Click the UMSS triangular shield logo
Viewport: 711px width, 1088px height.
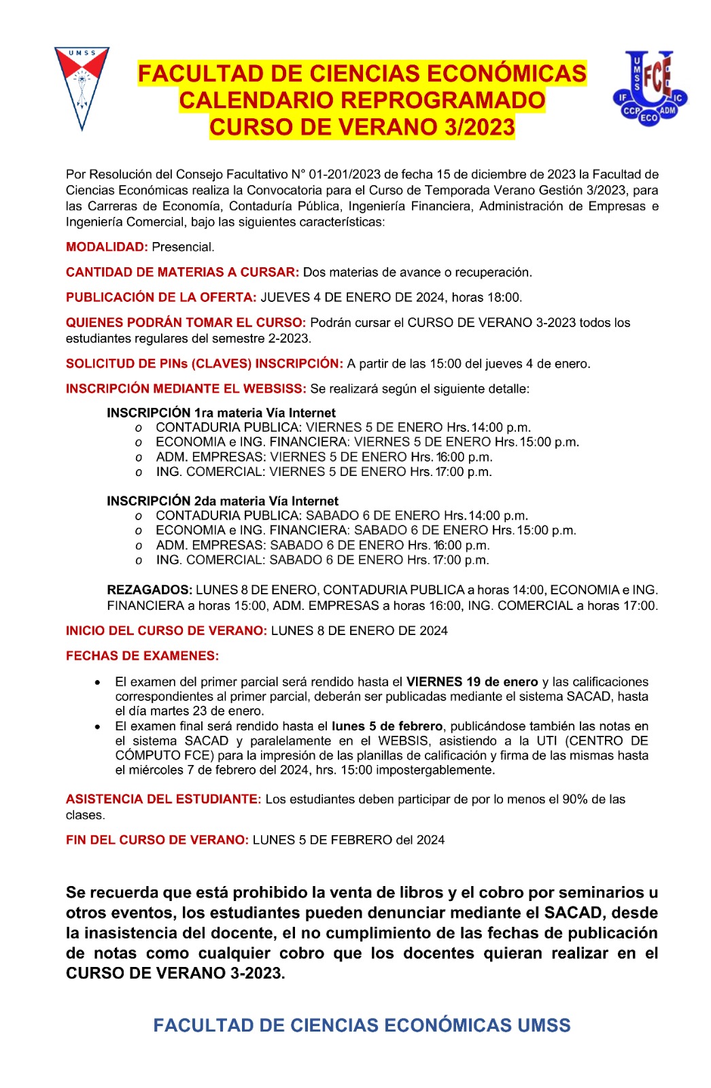[x=82, y=85]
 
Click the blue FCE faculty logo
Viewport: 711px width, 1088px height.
[x=650, y=87]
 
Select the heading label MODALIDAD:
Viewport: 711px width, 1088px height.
[x=107, y=247]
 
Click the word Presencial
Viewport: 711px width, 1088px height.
[x=183, y=247]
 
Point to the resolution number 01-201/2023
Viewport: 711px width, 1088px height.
[x=345, y=174]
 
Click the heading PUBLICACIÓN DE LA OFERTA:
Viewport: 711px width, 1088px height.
[x=161, y=297]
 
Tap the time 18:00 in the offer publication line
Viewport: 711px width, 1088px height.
[x=504, y=297]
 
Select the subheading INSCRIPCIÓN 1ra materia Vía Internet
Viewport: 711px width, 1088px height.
[x=221, y=413]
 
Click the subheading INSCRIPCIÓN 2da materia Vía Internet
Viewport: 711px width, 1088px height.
[x=222, y=501]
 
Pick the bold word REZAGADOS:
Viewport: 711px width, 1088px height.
[x=150, y=590]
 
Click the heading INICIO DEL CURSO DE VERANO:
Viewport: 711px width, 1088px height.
[x=167, y=630]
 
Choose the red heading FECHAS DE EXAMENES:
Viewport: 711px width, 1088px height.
[x=142, y=656]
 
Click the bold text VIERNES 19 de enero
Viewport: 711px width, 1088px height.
[x=472, y=681]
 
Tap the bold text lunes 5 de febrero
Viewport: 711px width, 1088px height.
[x=387, y=726]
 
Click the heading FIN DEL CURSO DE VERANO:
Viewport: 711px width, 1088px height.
[x=157, y=840]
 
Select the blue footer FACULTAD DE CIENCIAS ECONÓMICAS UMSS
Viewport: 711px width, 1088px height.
[x=362, y=1025]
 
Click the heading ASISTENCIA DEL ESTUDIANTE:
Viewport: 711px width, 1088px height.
[x=163, y=799]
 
